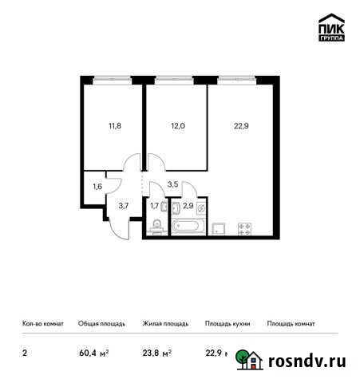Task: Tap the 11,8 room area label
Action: tap(117, 124)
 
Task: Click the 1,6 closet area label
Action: tap(97, 187)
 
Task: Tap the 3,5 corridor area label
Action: tap(173, 185)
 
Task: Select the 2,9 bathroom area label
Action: tap(188, 206)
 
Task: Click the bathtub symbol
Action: tap(188, 229)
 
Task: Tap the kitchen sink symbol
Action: tap(219, 228)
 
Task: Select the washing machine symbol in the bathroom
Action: tap(201, 207)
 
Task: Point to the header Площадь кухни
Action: tap(227, 324)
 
